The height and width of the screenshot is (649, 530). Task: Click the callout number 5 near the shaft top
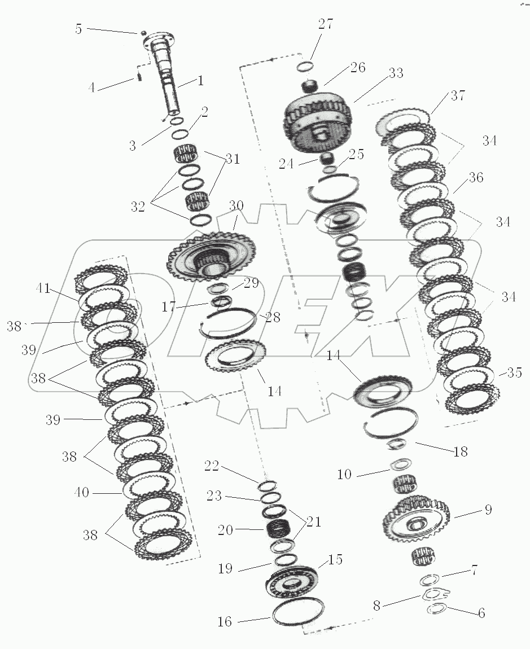[x=78, y=29]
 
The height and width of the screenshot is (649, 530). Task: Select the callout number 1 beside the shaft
[x=201, y=80]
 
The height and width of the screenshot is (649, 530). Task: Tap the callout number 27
[x=326, y=24]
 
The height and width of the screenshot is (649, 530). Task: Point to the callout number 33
[x=396, y=73]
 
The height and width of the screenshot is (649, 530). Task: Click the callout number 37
[x=458, y=95]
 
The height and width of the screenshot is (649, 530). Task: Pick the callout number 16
[x=225, y=621]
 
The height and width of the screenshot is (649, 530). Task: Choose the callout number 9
[x=488, y=510]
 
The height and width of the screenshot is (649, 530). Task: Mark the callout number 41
[x=43, y=288]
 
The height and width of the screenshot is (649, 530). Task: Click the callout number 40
[x=82, y=492]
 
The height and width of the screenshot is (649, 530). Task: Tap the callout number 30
[x=236, y=206]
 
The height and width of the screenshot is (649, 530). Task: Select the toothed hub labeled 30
[x=212, y=257]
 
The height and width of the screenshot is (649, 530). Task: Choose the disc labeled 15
[x=291, y=583]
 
